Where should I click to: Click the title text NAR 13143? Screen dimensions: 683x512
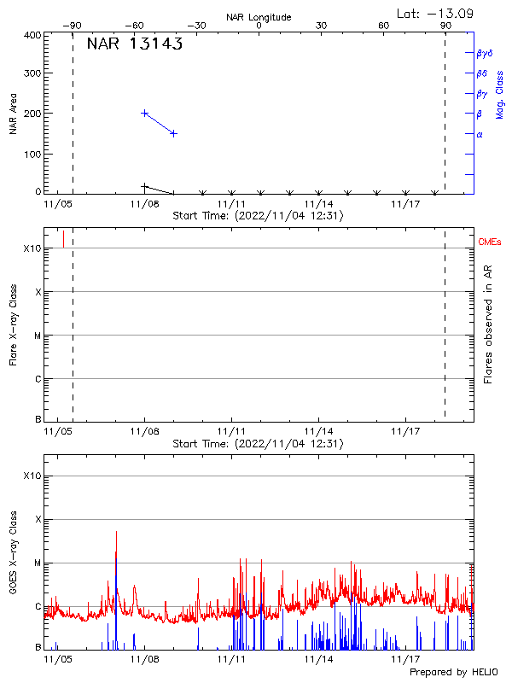(135, 45)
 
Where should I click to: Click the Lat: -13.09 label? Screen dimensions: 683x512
(436, 13)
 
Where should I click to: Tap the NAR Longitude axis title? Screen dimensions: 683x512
(259, 17)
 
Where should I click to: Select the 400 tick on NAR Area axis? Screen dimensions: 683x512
(32, 35)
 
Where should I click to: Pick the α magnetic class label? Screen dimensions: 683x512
(480, 134)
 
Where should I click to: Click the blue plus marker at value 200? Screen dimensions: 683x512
(145, 113)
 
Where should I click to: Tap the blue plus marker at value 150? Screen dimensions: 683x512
(174, 133)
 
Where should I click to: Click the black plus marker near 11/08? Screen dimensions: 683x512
(145, 186)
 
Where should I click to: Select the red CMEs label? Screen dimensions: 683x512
(491, 243)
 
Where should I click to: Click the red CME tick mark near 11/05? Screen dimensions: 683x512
(63, 238)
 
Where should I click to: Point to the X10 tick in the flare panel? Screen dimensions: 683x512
(32, 248)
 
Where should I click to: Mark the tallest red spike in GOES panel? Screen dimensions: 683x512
(116, 533)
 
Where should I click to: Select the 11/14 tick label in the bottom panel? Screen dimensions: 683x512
(319, 659)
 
